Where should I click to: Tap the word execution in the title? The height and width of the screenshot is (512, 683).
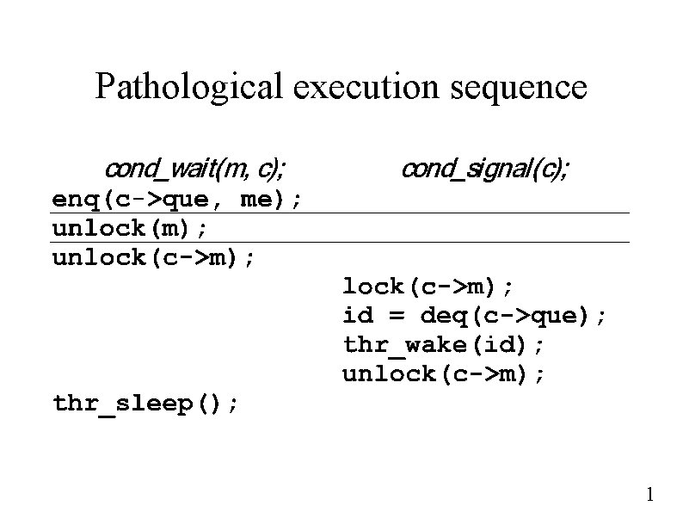point(365,87)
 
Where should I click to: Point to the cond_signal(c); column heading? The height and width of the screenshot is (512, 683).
point(484,167)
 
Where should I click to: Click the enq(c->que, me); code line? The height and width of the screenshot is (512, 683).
point(177,200)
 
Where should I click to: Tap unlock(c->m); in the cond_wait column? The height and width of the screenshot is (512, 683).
point(154,257)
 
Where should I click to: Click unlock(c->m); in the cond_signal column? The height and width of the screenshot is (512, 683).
point(443,374)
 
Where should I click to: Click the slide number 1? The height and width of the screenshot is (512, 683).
point(651,494)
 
